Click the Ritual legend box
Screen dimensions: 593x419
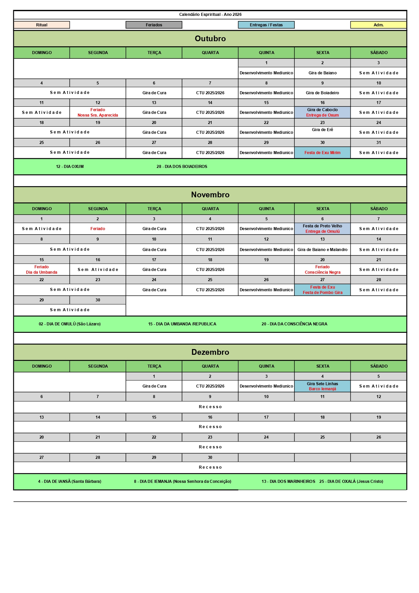(x=42, y=25)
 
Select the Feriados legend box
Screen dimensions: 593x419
(x=154, y=25)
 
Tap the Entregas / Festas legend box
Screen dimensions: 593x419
(x=266, y=25)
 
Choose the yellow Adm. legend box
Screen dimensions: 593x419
(x=378, y=25)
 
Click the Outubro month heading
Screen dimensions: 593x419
(x=210, y=39)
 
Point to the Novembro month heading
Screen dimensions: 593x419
(x=210, y=195)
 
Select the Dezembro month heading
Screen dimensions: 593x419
(x=210, y=352)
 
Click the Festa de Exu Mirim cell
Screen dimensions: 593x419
(x=322, y=153)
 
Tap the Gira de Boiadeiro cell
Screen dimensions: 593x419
(x=322, y=93)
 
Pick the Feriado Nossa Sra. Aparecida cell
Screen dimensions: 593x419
(x=98, y=113)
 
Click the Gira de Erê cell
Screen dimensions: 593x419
(x=322, y=130)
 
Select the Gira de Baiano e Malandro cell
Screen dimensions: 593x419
(x=322, y=250)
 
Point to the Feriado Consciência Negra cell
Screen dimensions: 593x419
(x=322, y=270)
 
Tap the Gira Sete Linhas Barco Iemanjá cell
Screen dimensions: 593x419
(x=322, y=386)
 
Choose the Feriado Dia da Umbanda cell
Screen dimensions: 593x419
(x=42, y=270)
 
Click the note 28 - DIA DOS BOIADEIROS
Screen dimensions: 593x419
(x=182, y=167)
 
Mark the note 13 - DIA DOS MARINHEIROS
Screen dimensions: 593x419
(x=288, y=481)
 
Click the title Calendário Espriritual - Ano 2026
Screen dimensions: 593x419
(x=210, y=15)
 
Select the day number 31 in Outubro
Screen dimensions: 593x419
(x=378, y=143)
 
